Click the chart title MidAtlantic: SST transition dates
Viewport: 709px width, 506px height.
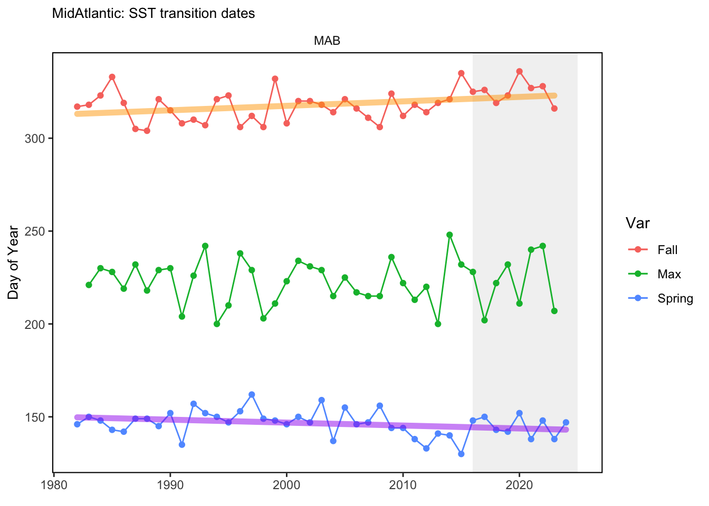(x=153, y=14)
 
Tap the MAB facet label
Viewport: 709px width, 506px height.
(x=327, y=41)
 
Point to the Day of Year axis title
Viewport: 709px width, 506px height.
(x=13, y=262)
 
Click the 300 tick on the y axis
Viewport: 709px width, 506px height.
(x=35, y=139)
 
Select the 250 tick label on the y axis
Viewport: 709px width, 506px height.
(x=35, y=231)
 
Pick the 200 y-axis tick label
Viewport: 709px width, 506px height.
(x=35, y=325)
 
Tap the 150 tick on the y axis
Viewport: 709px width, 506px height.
(x=35, y=417)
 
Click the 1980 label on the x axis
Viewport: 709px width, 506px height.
(x=54, y=485)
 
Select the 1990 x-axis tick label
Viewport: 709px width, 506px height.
(x=170, y=485)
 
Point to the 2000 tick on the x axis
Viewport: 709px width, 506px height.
(x=286, y=485)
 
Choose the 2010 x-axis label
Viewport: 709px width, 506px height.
(x=403, y=485)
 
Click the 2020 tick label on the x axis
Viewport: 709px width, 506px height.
(x=519, y=485)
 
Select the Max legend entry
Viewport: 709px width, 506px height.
(x=654, y=274)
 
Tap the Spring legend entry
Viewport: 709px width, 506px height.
(x=660, y=298)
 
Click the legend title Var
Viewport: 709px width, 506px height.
(x=637, y=223)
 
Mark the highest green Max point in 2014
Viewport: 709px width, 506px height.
(x=449, y=235)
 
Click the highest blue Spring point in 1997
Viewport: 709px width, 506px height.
(x=252, y=395)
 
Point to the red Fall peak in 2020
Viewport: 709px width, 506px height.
(x=520, y=72)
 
